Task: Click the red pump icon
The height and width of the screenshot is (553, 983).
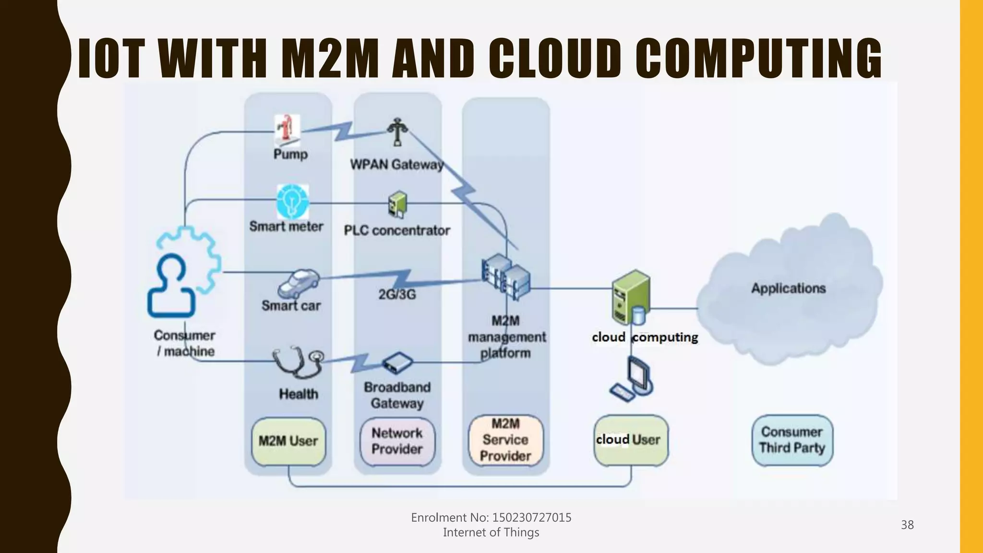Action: pos(288,130)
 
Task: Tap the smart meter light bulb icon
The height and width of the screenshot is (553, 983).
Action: pos(292,202)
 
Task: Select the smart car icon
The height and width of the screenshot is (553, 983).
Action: pos(299,284)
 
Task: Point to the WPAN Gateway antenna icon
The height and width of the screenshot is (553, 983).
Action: pos(397,132)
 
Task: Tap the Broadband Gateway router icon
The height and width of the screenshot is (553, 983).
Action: pos(397,363)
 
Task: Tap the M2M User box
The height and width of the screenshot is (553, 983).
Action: pos(288,441)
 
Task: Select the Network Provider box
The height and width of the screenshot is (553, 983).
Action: pos(397,441)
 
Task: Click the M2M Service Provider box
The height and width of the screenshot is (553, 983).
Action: pos(506,440)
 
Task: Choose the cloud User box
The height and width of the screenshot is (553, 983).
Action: pos(630,440)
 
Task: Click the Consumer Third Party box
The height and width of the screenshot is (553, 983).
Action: pos(792,440)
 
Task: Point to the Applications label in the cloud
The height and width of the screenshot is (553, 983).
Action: pos(788,289)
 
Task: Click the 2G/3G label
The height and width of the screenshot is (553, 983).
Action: pos(397,294)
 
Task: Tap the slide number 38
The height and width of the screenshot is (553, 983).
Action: pos(907,525)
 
